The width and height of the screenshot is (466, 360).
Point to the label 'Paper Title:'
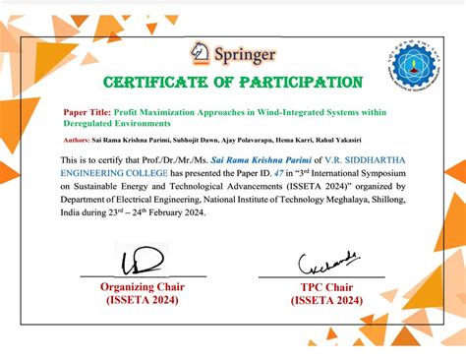tap(87, 113)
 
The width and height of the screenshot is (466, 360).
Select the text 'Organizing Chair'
tap(143, 287)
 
